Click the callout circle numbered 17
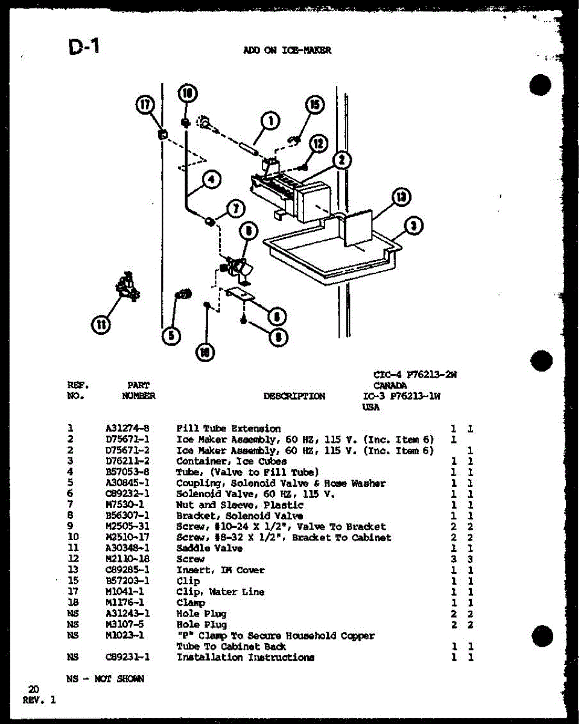click(145, 104)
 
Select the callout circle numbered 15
click(314, 104)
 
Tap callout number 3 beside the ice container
click(414, 226)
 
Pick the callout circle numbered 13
click(400, 197)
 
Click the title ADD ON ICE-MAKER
click(287, 51)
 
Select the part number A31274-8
click(127, 428)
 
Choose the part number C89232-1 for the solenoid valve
click(127, 494)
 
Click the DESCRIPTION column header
click(294, 396)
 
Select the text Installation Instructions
click(245, 657)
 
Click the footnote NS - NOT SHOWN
click(106, 679)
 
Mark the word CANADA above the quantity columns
click(390, 385)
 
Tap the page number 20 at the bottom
click(34, 689)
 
